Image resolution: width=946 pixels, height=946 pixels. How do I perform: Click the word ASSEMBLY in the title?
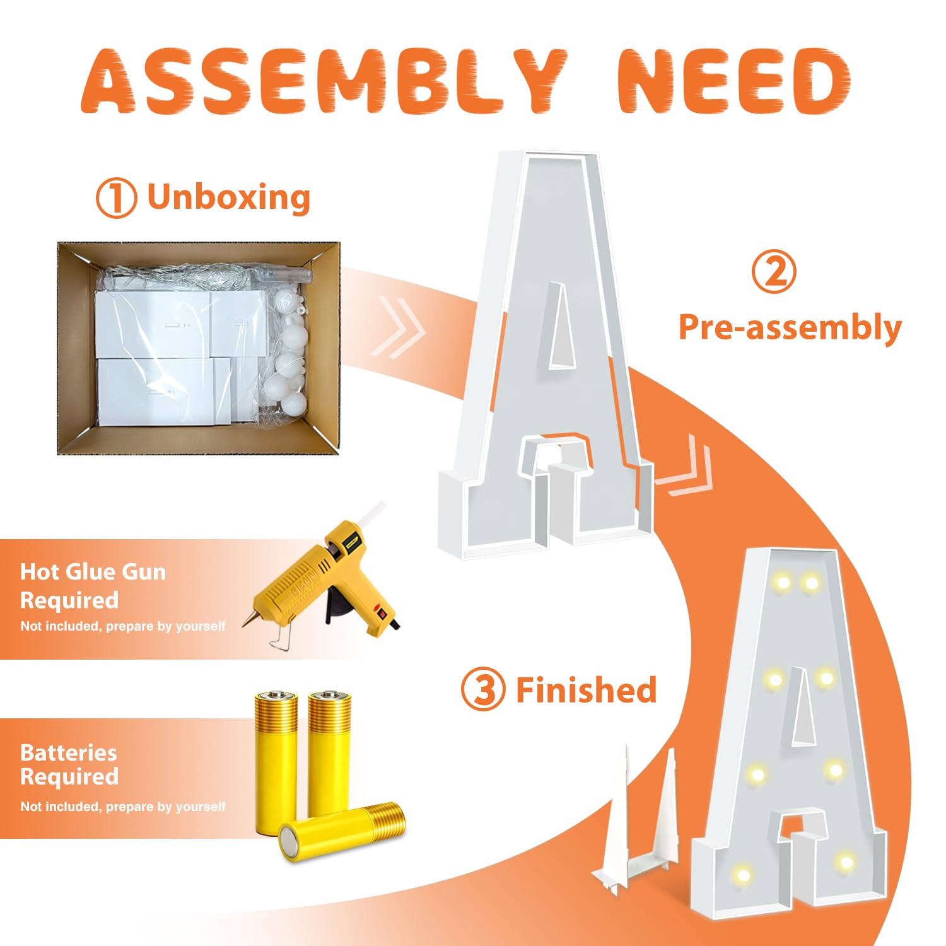(x=325, y=81)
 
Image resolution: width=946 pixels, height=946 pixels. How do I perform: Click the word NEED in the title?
(x=734, y=81)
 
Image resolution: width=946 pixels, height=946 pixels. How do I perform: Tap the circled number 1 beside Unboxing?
(x=116, y=198)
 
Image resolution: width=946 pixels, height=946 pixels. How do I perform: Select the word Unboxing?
(x=229, y=197)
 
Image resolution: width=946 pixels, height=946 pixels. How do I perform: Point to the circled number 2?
(x=774, y=272)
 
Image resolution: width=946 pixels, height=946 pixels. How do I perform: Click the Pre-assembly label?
(x=790, y=328)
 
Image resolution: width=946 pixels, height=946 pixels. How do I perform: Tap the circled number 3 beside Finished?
(x=484, y=689)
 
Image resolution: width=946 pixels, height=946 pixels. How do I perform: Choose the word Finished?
(x=587, y=689)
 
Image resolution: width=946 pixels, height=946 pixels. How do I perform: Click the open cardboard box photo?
(x=199, y=348)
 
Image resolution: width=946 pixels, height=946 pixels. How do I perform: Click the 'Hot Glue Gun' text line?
(x=93, y=572)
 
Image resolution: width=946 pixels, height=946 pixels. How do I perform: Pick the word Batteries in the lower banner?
(x=69, y=752)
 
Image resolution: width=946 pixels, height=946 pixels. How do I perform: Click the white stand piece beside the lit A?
(x=637, y=820)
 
